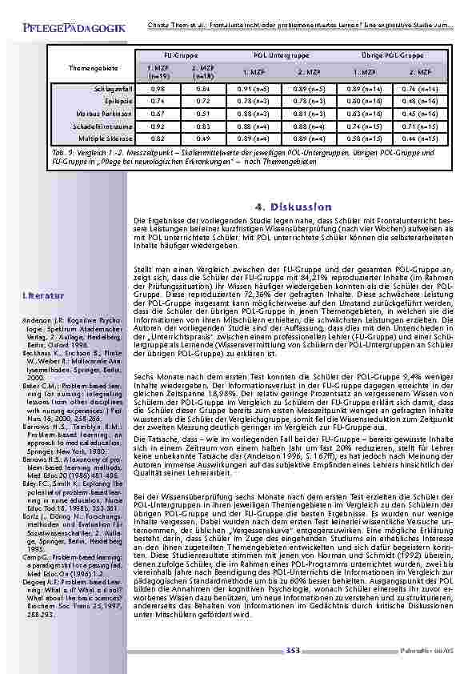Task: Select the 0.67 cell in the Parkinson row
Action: pyautogui.click(x=158, y=114)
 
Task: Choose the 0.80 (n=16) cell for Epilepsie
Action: pyautogui.click(x=370, y=102)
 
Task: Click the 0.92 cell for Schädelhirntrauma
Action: pyautogui.click(x=158, y=126)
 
